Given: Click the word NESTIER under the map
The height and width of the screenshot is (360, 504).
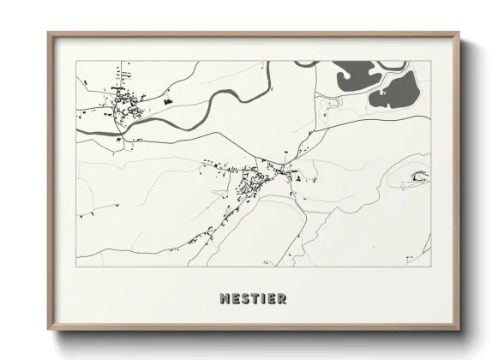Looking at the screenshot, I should pos(252,299).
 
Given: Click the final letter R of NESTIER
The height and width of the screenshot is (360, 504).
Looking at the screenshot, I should pos(281,299).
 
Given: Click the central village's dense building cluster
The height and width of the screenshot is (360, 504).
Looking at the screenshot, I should pos(254,181).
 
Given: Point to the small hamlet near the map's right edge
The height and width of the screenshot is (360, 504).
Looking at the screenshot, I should pos(419,177).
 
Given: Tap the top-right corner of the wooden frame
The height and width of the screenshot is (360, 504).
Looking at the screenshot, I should pos(460,33).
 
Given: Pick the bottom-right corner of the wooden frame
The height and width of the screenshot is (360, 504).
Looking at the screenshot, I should pos(460,330).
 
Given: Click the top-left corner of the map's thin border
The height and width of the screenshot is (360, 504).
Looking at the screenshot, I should pos(76,61).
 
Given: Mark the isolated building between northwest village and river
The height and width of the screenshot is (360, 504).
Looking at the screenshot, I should pos(167,101).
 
